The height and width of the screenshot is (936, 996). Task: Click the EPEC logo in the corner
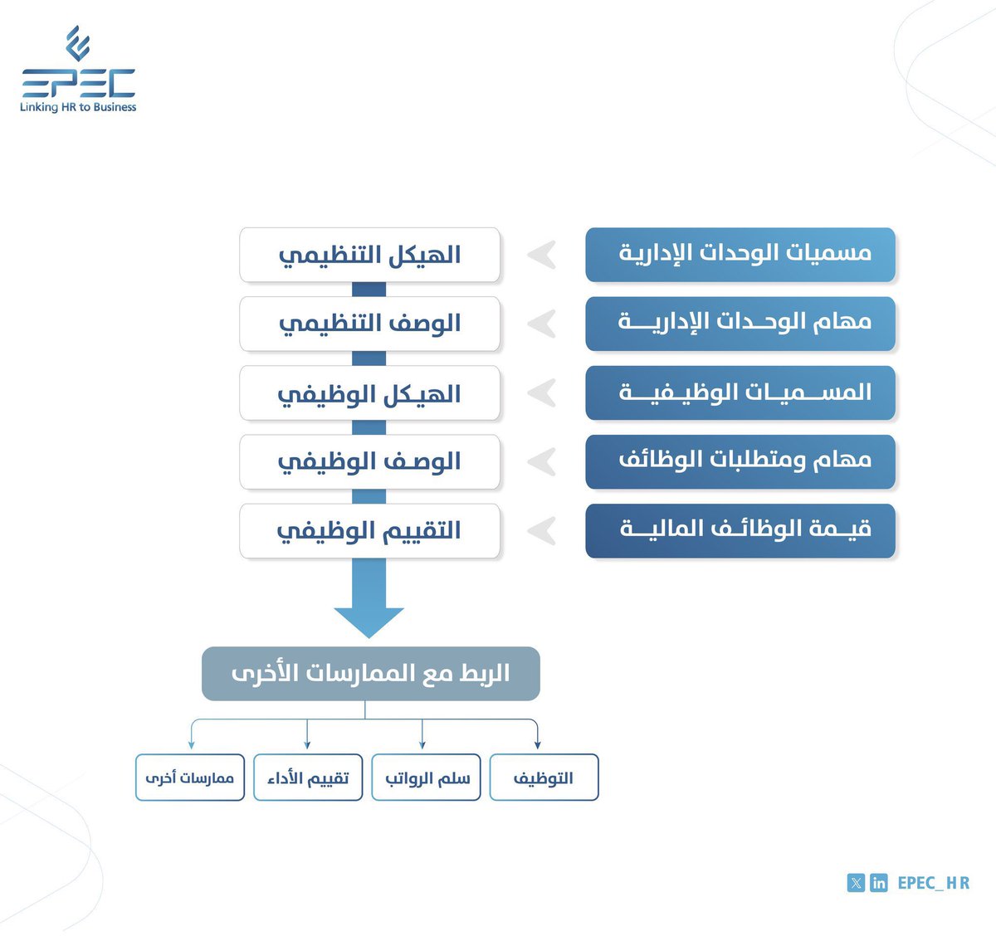78,70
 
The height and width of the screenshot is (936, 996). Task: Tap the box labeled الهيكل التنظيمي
370,255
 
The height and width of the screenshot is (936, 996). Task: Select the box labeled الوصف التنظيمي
370,324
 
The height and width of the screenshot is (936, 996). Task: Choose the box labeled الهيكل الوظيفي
370,392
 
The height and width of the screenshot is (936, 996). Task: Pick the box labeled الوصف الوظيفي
370,461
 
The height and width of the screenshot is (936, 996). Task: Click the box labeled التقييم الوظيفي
370,530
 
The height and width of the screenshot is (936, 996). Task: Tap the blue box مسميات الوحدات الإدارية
740,254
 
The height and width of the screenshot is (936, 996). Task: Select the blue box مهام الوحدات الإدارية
740,323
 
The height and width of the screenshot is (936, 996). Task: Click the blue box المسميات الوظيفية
740,392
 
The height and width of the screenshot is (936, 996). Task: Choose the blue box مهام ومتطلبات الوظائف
740,461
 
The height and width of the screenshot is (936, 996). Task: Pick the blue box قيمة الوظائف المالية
740,529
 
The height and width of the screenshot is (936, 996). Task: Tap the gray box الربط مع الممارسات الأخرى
371,673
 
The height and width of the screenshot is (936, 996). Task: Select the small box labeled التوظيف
544,778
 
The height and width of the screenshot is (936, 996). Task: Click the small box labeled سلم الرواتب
427,778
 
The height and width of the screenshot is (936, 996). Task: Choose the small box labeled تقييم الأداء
308,778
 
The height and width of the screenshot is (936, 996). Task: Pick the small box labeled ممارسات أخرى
190,778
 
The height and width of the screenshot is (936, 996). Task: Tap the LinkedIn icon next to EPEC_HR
879,883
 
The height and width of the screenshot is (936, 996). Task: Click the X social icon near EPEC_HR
856,883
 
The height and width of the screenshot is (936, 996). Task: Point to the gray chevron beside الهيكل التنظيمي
542,255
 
